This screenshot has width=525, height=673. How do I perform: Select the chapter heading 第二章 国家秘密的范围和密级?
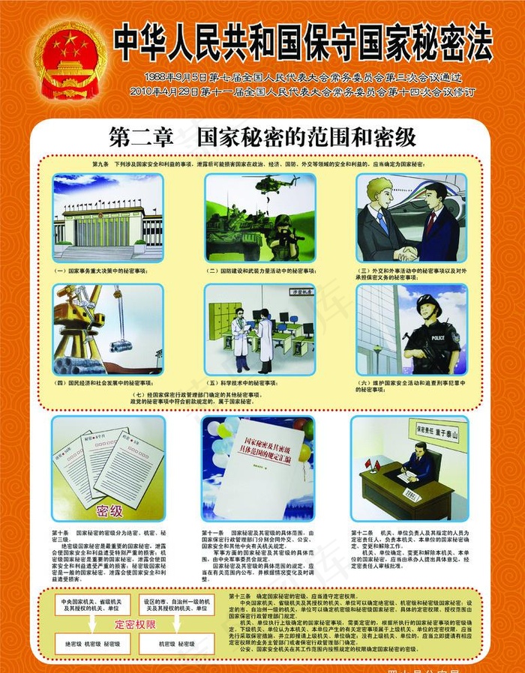(262, 137)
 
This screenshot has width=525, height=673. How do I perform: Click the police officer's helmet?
(428, 303)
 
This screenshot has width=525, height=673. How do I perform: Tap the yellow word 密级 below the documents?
(109, 510)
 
